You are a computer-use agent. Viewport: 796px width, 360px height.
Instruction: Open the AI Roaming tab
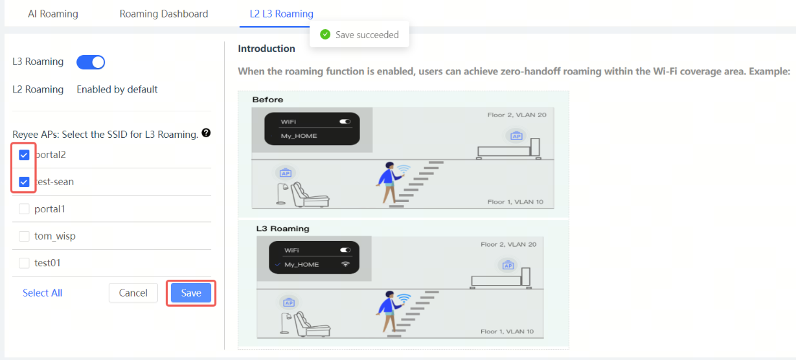(x=53, y=14)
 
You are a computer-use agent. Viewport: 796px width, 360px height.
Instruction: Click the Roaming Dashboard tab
(x=164, y=14)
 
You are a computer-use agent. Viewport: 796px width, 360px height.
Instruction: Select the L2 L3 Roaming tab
(x=282, y=14)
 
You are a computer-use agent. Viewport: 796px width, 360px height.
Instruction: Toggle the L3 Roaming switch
(x=91, y=62)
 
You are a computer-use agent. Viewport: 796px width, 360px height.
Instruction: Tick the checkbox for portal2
(x=24, y=155)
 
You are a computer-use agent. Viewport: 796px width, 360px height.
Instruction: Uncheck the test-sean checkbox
(x=24, y=182)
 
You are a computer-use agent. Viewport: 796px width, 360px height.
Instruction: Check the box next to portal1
(x=24, y=209)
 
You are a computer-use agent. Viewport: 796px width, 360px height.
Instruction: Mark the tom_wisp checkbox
(x=24, y=236)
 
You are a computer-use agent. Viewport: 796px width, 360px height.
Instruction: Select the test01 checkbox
(x=24, y=263)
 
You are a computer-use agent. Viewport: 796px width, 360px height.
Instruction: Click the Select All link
(x=42, y=293)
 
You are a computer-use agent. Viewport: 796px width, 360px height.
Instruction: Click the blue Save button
(x=191, y=293)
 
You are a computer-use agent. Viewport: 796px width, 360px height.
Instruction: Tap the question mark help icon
(x=206, y=133)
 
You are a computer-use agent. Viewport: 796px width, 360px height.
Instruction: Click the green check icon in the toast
(x=325, y=34)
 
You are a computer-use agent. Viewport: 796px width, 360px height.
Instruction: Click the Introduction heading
(x=266, y=49)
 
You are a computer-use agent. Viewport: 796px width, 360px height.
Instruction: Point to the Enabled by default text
(x=117, y=89)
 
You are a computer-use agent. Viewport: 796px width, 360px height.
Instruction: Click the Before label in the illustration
(x=267, y=100)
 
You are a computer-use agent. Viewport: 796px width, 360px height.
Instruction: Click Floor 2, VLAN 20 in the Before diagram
(x=517, y=115)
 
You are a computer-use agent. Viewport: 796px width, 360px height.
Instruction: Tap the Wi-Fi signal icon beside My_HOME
(x=345, y=264)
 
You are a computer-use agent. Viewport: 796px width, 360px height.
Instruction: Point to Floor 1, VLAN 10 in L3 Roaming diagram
(x=507, y=332)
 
